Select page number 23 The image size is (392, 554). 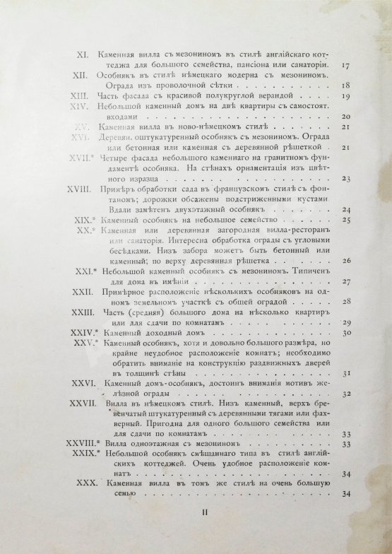tap(345, 179)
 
